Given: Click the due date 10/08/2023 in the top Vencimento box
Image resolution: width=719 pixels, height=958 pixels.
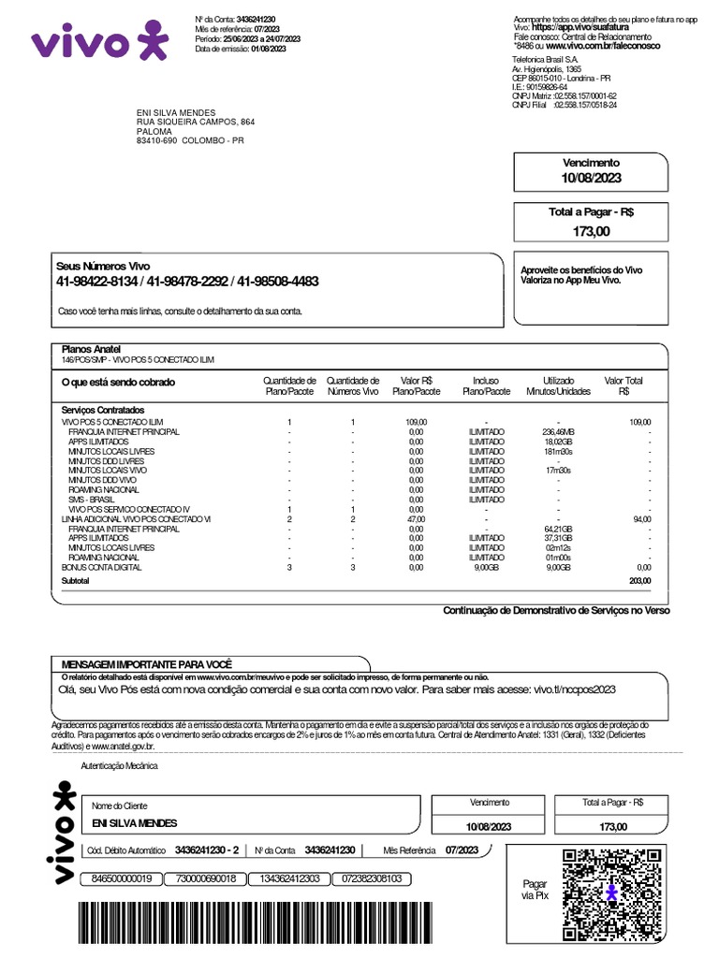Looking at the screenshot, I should pyautogui.click(x=591, y=178).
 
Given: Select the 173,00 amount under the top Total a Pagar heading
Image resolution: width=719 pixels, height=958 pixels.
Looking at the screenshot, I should pyautogui.click(x=591, y=230).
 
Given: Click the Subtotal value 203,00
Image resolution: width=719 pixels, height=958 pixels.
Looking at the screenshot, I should pyautogui.click(x=639, y=581).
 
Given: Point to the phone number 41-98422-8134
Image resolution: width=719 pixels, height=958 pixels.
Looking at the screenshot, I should pyautogui.click(x=97, y=282).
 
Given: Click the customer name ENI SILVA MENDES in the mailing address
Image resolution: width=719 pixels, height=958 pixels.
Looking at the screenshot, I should pyautogui.click(x=176, y=112).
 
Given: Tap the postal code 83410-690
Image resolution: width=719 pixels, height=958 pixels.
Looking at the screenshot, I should pyautogui.click(x=155, y=141).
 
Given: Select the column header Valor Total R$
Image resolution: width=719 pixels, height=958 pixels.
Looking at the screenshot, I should pyautogui.click(x=624, y=385).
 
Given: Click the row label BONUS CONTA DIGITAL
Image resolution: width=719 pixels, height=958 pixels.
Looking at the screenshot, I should pyautogui.click(x=101, y=567).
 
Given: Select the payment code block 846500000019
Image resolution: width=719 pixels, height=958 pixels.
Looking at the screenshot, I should pyautogui.click(x=121, y=878).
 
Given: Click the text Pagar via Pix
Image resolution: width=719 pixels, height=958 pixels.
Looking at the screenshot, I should pyautogui.click(x=535, y=890).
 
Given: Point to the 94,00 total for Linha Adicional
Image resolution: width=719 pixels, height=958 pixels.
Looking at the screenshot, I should pyautogui.click(x=641, y=518).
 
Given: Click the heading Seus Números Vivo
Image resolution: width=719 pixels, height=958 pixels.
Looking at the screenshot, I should pyautogui.click(x=102, y=267).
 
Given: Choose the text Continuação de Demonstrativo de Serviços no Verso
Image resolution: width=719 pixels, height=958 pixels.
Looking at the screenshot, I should pyautogui.click(x=556, y=610).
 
